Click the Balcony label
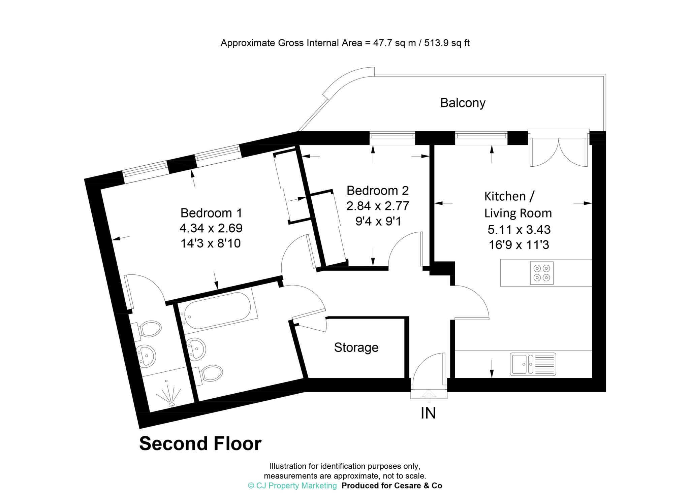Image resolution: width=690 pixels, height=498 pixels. point(463,103)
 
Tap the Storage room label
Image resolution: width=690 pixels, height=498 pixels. point(356,347)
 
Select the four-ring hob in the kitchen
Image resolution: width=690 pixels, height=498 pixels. point(541,273)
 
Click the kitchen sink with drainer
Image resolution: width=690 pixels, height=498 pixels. point(533,364)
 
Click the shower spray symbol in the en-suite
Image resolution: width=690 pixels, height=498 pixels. point(171,394)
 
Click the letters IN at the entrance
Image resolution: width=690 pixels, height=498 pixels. point(428,413)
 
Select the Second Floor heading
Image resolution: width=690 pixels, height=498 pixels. point(200,444)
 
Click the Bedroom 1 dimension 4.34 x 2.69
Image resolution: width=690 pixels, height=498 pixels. point(211,228)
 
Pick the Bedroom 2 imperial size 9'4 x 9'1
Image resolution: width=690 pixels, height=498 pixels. point(378,221)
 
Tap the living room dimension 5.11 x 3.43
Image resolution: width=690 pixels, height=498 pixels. point(519,230)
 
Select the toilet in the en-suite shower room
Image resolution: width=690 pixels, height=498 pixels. point(148,328)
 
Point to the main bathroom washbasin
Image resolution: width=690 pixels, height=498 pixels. point(196,348)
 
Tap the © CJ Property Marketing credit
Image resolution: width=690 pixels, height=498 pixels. point(292,486)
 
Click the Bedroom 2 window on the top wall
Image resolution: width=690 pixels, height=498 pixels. point(392,136)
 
